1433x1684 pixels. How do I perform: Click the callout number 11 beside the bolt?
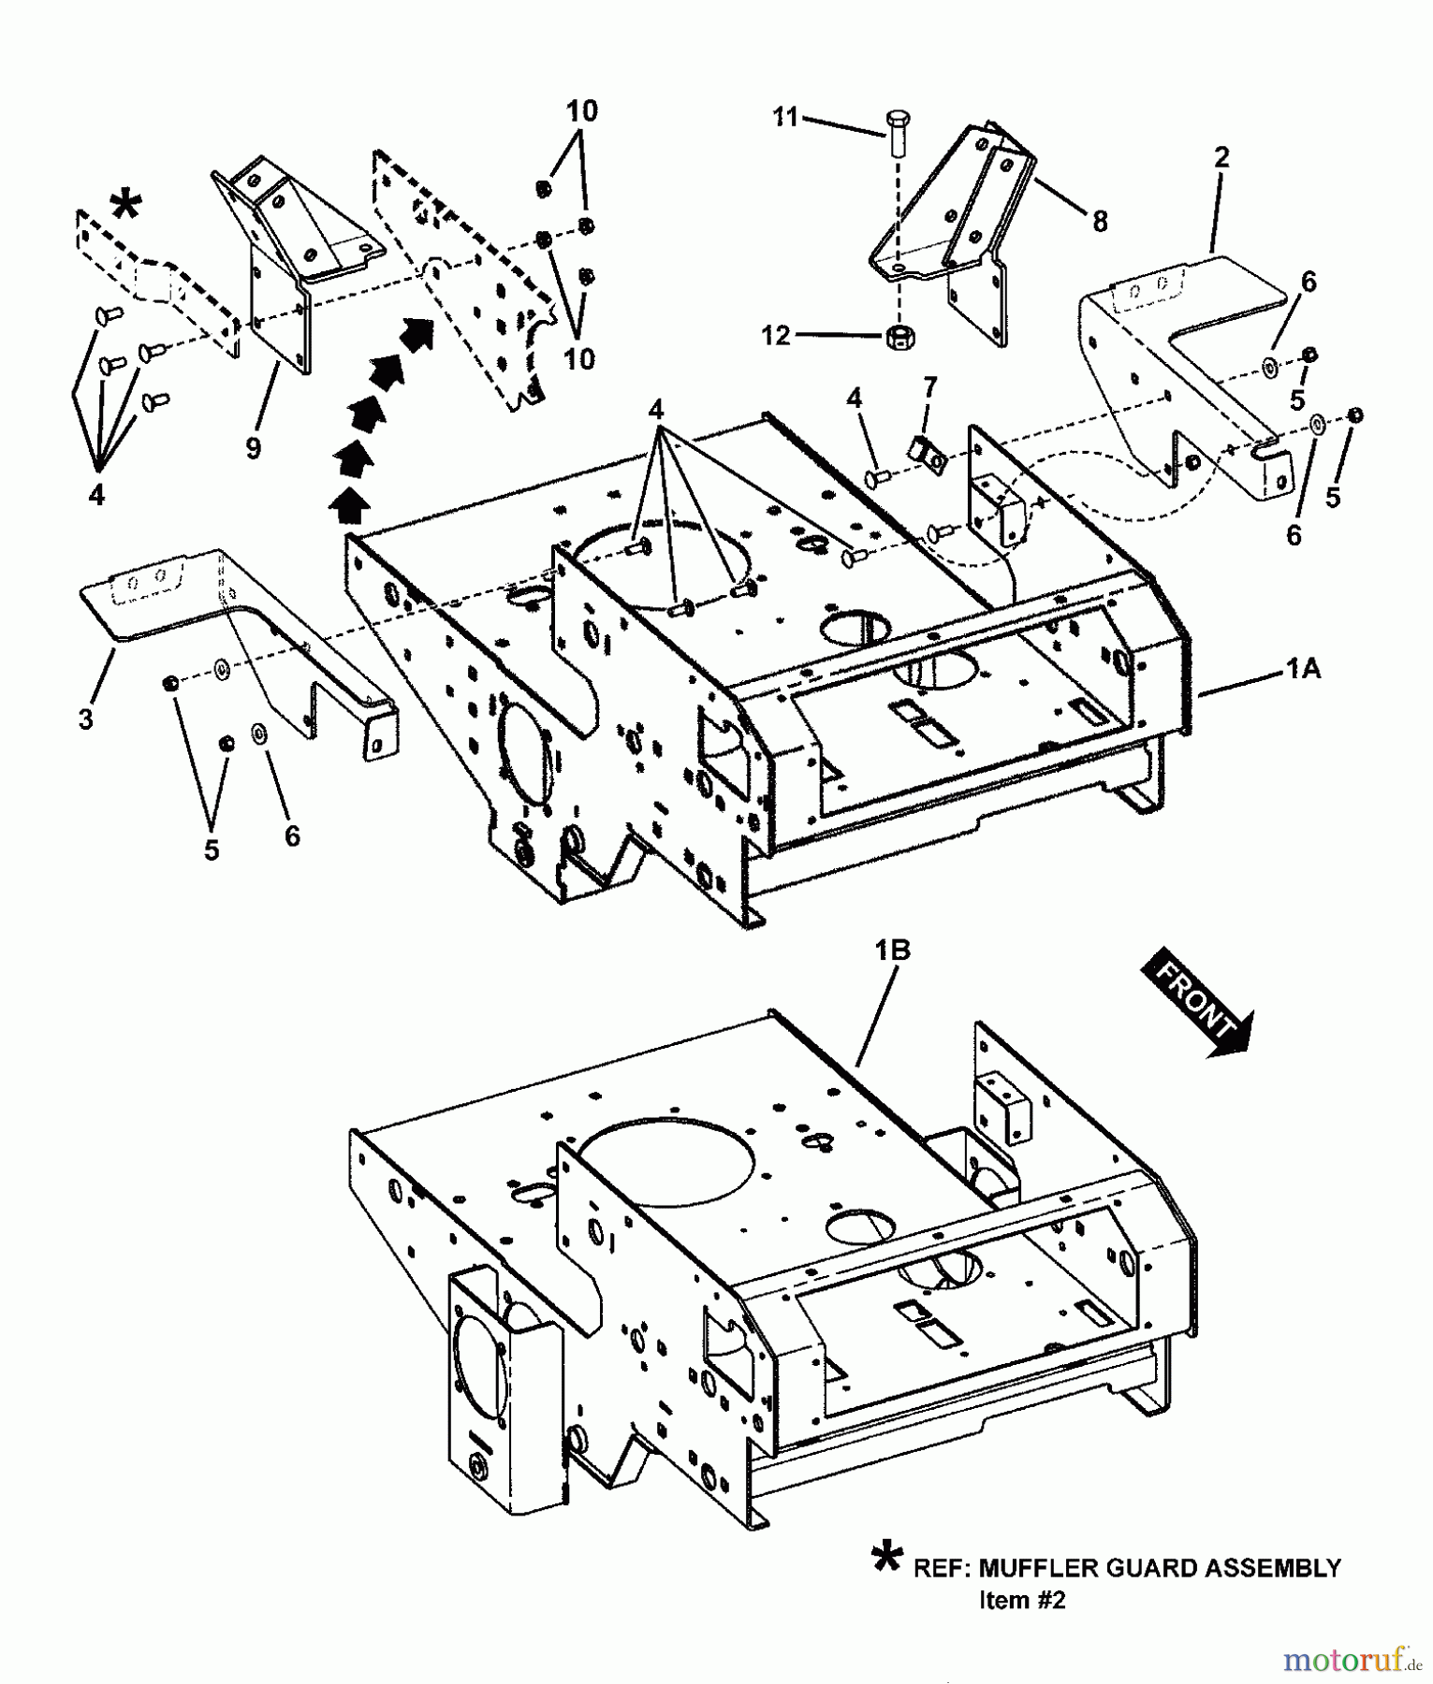point(784,118)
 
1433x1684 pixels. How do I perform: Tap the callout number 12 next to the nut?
point(775,335)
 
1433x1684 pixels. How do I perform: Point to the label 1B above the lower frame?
point(892,951)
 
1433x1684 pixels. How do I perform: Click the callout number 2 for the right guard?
point(1221,157)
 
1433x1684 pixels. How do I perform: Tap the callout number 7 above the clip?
point(929,386)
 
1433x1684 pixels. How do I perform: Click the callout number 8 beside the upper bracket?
point(1100,222)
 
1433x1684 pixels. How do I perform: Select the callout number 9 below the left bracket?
point(253,448)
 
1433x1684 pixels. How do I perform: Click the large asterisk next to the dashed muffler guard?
point(126,205)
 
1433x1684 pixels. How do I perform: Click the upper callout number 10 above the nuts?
point(580,111)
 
